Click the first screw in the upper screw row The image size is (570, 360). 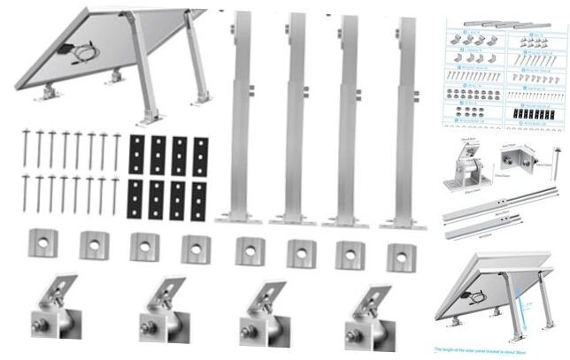[x=26, y=150]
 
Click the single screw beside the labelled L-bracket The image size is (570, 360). [x=556, y=160]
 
